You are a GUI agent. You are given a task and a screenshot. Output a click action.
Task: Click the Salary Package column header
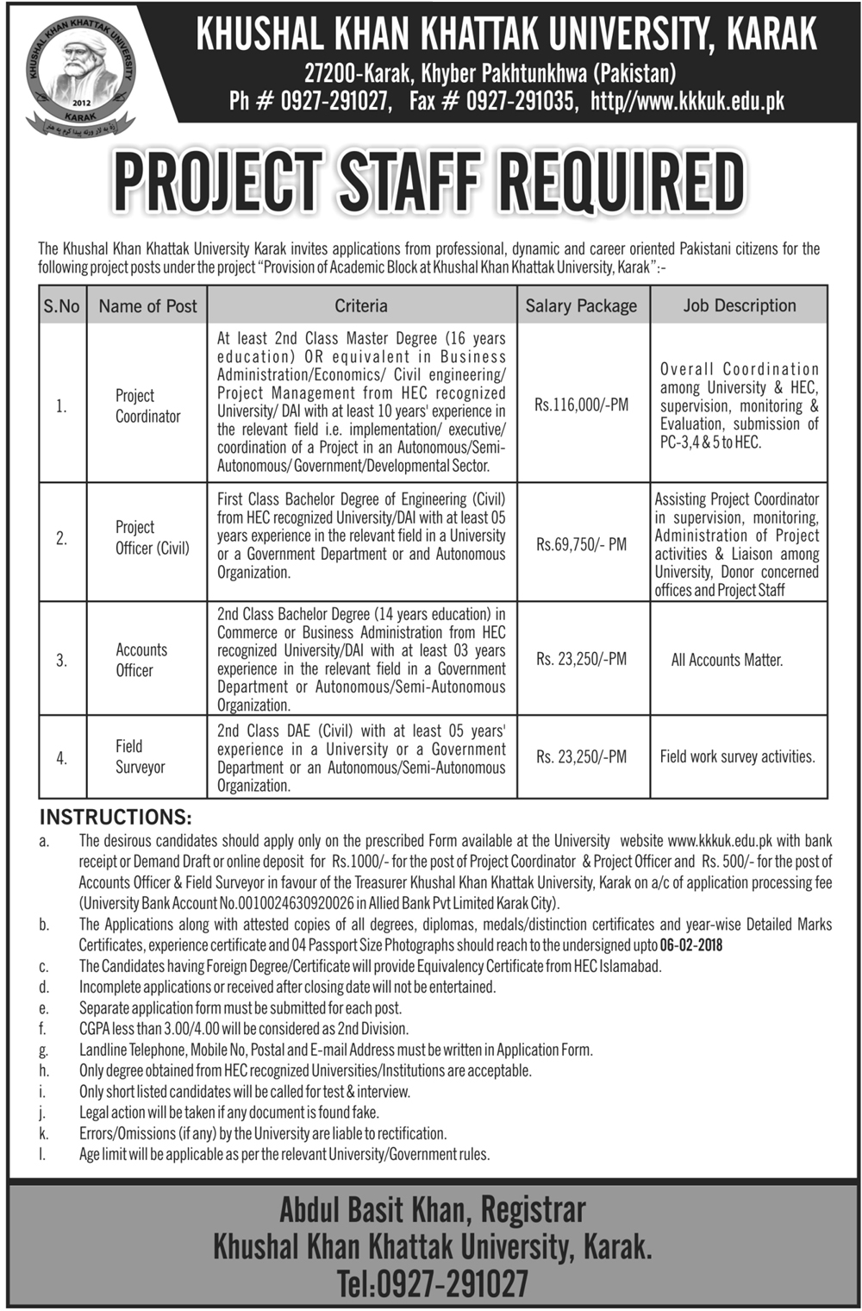(581, 306)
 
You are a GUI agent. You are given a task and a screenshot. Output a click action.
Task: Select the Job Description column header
(739, 305)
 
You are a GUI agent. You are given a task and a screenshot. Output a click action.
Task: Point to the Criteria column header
(361, 306)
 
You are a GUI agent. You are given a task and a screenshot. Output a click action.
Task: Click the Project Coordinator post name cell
(147, 405)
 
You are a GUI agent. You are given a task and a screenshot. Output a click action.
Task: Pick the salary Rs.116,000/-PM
(581, 404)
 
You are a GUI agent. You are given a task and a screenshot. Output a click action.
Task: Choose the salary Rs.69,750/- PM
(581, 544)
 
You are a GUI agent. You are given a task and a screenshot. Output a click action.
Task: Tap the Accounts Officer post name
(141, 660)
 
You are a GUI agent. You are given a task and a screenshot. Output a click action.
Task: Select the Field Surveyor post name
(140, 756)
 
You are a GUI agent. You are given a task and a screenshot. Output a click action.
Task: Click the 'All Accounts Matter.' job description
(727, 660)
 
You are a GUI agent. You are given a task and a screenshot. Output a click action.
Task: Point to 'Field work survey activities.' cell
(737, 756)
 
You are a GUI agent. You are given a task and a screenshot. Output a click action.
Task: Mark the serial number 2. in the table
(61, 538)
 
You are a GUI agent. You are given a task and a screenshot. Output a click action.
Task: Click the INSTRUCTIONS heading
(116, 817)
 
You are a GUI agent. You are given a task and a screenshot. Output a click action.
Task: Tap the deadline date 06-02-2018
(691, 945)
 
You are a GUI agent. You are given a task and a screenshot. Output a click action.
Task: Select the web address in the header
(687, 101)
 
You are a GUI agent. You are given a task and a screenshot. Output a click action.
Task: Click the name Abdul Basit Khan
(375, 1210)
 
